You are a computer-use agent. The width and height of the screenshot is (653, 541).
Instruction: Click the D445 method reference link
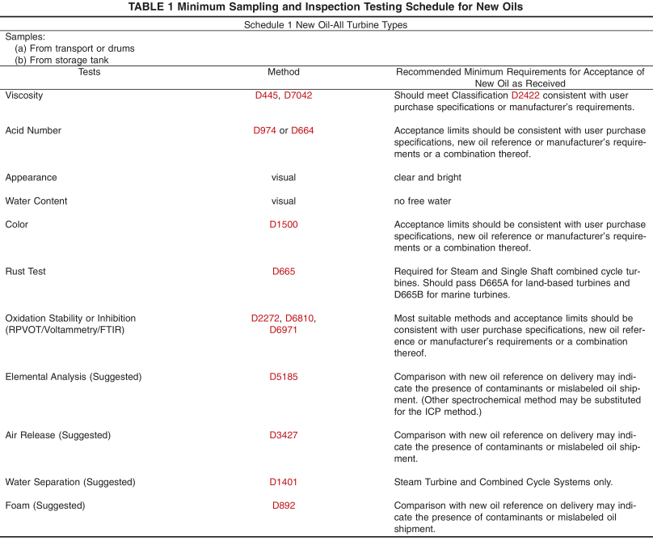266,95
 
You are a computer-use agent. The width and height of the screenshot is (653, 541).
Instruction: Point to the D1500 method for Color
283,225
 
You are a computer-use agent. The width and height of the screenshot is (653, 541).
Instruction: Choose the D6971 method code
284,330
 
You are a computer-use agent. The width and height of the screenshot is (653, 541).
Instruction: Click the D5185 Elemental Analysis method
283,377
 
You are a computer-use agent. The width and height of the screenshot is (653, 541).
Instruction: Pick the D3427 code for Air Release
283,435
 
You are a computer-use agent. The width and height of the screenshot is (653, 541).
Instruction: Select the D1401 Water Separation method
283,482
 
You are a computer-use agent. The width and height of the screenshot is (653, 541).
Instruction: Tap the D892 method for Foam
284,506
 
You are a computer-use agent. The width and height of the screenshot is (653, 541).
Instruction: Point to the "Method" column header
284,72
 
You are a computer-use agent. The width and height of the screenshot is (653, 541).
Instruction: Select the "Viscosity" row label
24,95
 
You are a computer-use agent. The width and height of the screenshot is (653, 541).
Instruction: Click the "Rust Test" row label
26,272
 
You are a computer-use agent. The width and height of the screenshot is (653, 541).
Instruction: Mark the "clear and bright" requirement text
428,178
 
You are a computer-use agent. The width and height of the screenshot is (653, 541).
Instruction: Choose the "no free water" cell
423,201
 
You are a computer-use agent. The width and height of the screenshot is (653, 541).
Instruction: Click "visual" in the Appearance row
284,178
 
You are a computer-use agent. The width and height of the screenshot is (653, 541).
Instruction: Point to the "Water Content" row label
36,201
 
